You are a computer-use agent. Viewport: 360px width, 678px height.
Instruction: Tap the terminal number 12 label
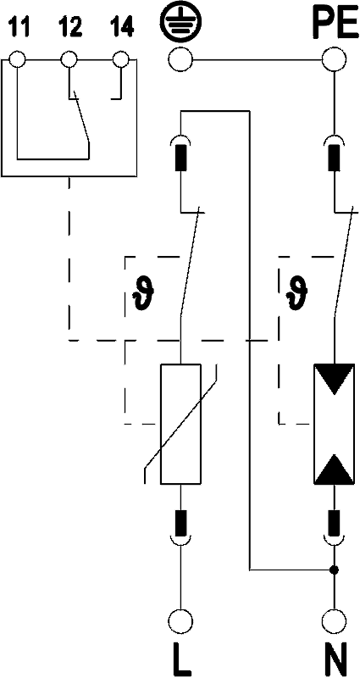pos(70,28)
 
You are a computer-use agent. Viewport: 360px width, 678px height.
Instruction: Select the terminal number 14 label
pos(121,28)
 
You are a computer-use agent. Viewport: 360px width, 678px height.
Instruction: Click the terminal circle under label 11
pos(17,59)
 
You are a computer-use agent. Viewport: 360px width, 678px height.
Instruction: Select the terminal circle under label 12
pos(69,59)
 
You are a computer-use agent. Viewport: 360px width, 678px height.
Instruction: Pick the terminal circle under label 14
pos(120,59)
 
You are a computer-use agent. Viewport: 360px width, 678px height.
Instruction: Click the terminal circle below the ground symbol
pos(180,61)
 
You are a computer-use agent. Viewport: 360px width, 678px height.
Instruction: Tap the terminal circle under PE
pos(333,61)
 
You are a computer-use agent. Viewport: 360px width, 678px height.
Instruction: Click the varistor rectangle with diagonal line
pos(180,424)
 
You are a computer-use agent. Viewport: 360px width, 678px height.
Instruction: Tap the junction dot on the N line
pos(333,570)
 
